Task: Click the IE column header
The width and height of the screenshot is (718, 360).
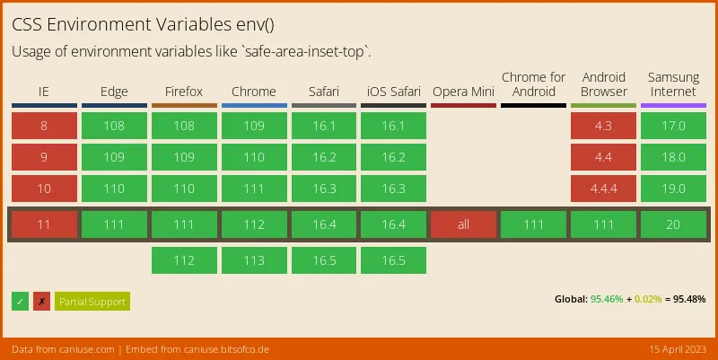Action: point(44,92)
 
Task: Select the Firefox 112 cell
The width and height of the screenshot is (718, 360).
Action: point(184,260)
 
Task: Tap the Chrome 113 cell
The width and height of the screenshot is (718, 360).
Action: point(254,260)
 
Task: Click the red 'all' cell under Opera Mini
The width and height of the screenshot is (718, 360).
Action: point(463,224)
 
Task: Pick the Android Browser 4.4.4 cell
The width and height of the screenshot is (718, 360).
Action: point(603,189)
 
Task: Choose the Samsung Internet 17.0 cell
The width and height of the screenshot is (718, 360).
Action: point(673,126)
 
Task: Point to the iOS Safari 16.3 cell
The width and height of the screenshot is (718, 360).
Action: point(393,189)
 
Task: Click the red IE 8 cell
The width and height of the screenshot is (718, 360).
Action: point(44,126)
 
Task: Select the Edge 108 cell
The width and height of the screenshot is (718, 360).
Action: point(114,126)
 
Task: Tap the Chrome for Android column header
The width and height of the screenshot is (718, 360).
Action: point(533,84)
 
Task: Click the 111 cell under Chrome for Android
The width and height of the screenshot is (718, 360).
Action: point(533,224)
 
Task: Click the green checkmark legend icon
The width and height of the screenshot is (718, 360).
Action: point(21,302)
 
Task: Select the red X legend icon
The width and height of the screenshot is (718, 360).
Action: point(41,302)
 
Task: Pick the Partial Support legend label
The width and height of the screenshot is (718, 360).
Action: point(92,302)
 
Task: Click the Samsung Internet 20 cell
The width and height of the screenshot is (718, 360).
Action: point(673,224)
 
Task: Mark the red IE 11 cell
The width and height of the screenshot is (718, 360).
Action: point(44,224)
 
